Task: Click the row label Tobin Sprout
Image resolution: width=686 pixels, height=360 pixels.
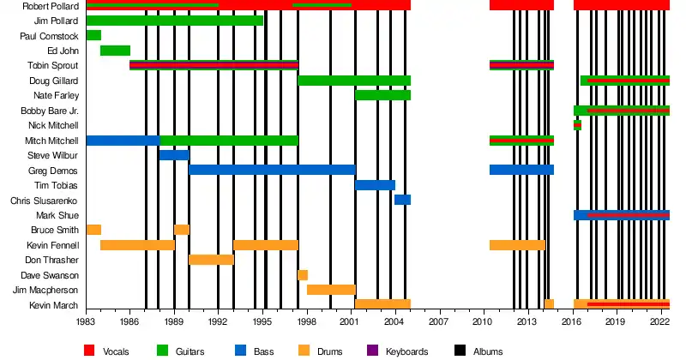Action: tap(55, 66)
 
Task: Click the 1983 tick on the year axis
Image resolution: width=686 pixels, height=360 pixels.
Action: tap(86, 321)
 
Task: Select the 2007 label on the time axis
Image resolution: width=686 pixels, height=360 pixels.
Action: tap(438, 321)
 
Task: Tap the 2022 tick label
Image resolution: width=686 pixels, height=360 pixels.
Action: tap(659, 321)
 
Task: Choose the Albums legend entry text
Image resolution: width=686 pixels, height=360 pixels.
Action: tap(488, 351)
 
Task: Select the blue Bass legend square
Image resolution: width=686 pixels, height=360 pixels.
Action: tap(239, 351)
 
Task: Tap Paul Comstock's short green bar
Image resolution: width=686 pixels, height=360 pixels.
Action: tap(93, 35)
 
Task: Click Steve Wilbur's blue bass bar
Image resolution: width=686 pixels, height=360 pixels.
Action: tap(173, 155)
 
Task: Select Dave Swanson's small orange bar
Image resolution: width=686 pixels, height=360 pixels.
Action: tap(303, 275)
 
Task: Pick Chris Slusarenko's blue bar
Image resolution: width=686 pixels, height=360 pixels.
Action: tap(402, 200)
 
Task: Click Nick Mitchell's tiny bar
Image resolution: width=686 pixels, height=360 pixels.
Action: tap(577, 125)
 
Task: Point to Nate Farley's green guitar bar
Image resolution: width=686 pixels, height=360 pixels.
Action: tap(382, 95)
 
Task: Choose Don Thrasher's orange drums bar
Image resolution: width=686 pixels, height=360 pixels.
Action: tap(211, 260)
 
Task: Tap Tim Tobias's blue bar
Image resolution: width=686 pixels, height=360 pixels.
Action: tap(375, 185)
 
